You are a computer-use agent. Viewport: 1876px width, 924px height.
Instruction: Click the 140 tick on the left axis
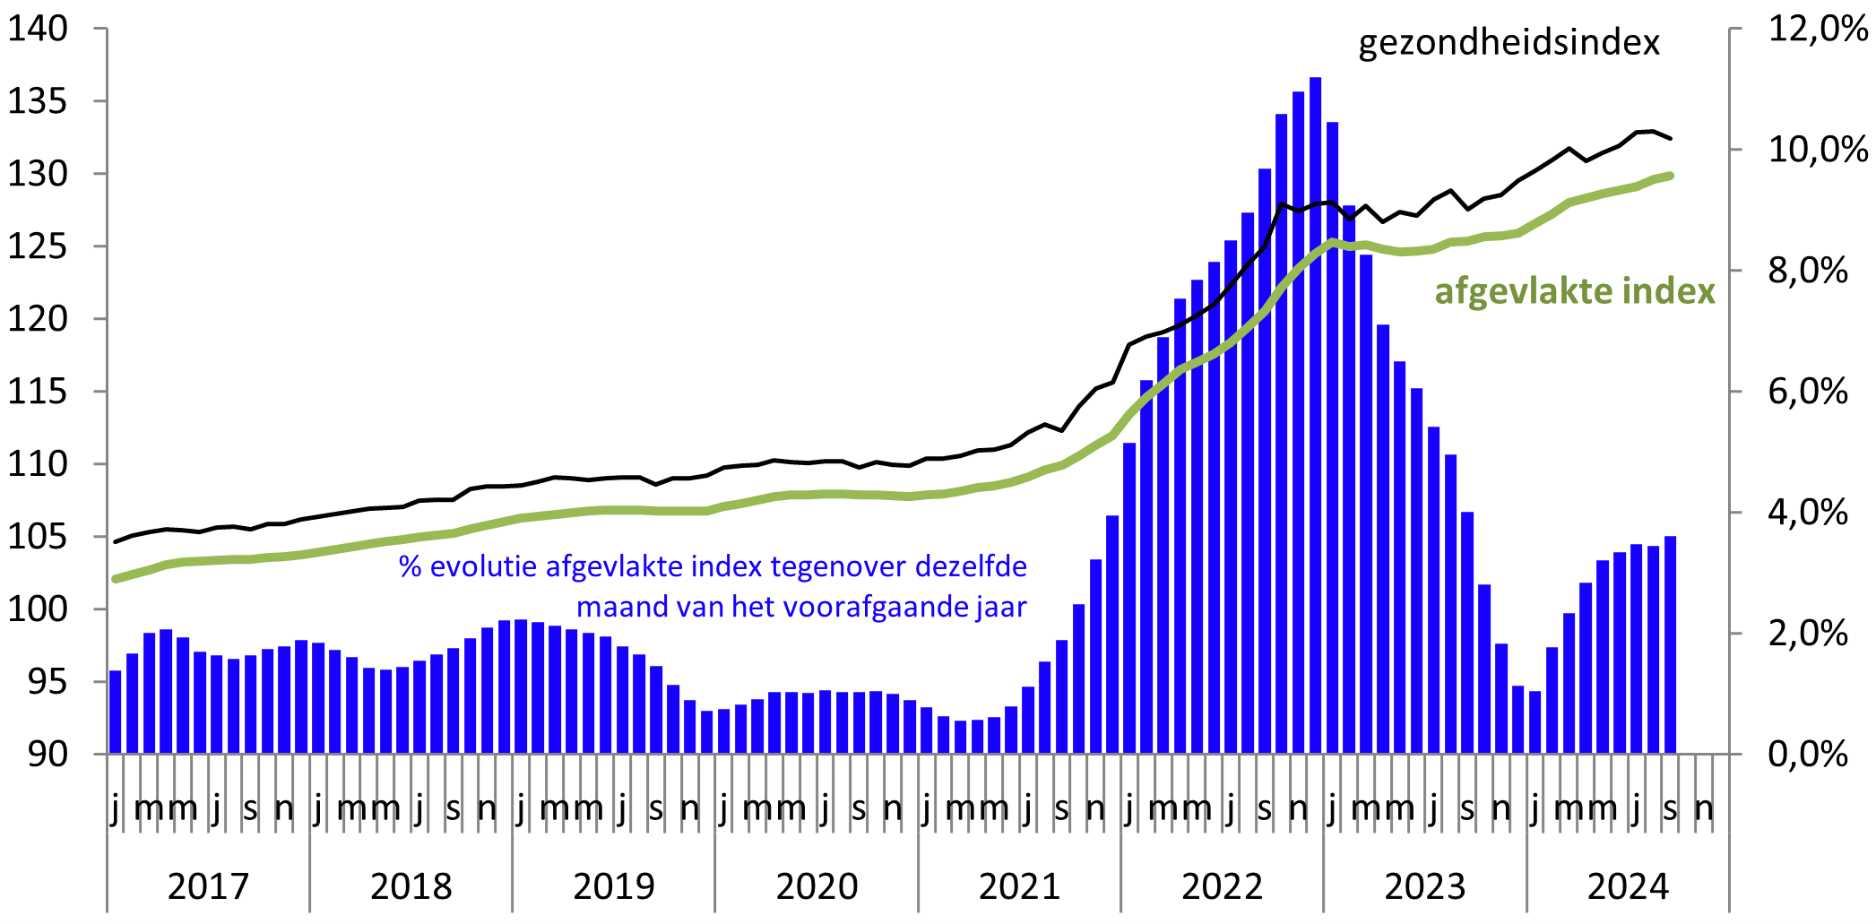pyautogui.click(x=38, y=29)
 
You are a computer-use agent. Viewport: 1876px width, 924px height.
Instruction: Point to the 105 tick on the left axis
pyautogui.click(x=38, y=537)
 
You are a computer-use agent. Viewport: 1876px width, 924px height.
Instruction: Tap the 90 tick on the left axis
pyautogui.click(x=47, y=755)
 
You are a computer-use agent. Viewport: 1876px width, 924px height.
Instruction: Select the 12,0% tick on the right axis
pyautogui.click(x=1817, y=29)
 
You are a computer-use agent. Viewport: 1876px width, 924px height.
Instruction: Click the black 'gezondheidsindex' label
pyautogui.click(x=1509, y=43)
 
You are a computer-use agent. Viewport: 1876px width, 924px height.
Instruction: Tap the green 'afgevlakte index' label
pyautogui.click(x=1574, y=291)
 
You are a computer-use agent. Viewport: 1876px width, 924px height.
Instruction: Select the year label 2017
pyautogui.click(x=208, y=886)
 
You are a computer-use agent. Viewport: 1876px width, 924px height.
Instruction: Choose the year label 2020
pyautogui.click(x=817, y=886)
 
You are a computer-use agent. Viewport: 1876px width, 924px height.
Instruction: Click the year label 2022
pyautogui.click(x=1222, y=886)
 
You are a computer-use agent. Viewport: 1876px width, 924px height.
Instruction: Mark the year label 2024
pyautogui.click(x=1628, y=886)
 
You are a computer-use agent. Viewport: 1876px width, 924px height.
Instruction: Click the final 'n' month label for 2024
pyautogui.click(x=1704, y=808)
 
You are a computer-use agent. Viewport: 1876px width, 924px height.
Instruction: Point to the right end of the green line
pyautogui.click(x=1670, y=176)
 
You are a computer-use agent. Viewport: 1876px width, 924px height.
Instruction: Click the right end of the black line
pyautogui.click(x=1670, y=138)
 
